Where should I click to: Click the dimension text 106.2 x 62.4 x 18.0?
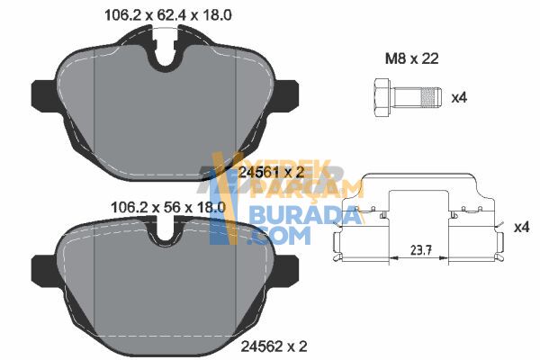[168, 15]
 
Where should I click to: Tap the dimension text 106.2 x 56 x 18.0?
[168, 207]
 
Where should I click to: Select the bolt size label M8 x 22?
[412, 58]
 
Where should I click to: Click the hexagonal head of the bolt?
[382, 97]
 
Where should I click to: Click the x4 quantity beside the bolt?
[459, 97]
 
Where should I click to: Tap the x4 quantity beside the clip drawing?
[521, 227]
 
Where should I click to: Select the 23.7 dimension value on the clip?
[419, 250]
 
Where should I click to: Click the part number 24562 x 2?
[274, 346]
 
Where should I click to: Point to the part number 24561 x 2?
[272, 172]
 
